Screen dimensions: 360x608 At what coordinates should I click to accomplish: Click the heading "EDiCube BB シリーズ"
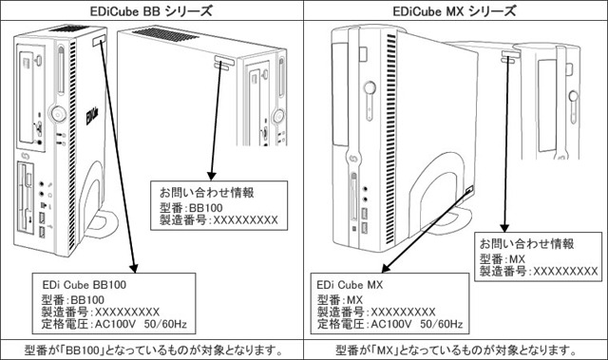click(x=152, y=10)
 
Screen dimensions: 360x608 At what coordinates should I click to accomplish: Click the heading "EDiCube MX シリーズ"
click(x=456, y=10)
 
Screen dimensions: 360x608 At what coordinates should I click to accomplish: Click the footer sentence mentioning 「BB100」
click(x=152, y=349)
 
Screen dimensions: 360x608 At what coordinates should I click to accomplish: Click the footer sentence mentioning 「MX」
click(x=456, y=349)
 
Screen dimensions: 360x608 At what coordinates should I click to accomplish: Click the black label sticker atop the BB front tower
click(x=100, y=42)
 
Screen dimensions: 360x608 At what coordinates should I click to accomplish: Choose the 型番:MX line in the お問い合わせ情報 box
click(x=503, y=257)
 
